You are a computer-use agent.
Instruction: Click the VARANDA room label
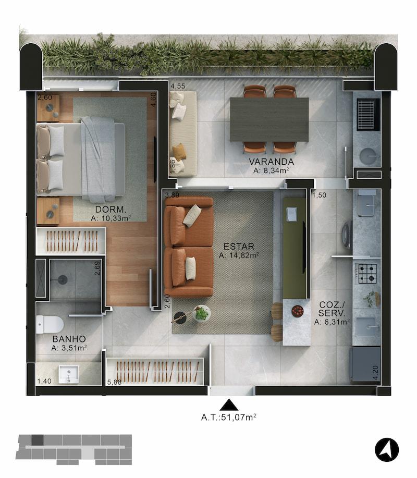point(271,162)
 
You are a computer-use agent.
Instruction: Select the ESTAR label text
point(239,247)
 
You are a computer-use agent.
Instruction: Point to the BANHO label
point(69,339)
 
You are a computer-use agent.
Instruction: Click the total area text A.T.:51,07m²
point(228,418)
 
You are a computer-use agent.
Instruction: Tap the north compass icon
point(387,450)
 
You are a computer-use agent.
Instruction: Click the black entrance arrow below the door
point(229,406)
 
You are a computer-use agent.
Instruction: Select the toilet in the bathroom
point(50,324)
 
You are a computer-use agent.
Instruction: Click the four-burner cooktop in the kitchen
point(367,274)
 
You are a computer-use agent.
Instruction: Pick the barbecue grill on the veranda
point(368,115)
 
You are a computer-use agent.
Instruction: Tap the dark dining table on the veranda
point(269,119)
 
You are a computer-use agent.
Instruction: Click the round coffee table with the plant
point(202,314)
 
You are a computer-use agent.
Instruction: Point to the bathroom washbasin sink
point(69,375)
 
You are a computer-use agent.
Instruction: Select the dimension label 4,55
point(178,87)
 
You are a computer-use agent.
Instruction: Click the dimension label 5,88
point(114,382)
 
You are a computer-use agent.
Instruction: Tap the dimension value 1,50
point(319,195)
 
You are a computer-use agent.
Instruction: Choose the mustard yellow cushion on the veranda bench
point(179,152)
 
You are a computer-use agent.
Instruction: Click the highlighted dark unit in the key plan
point(37,439)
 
